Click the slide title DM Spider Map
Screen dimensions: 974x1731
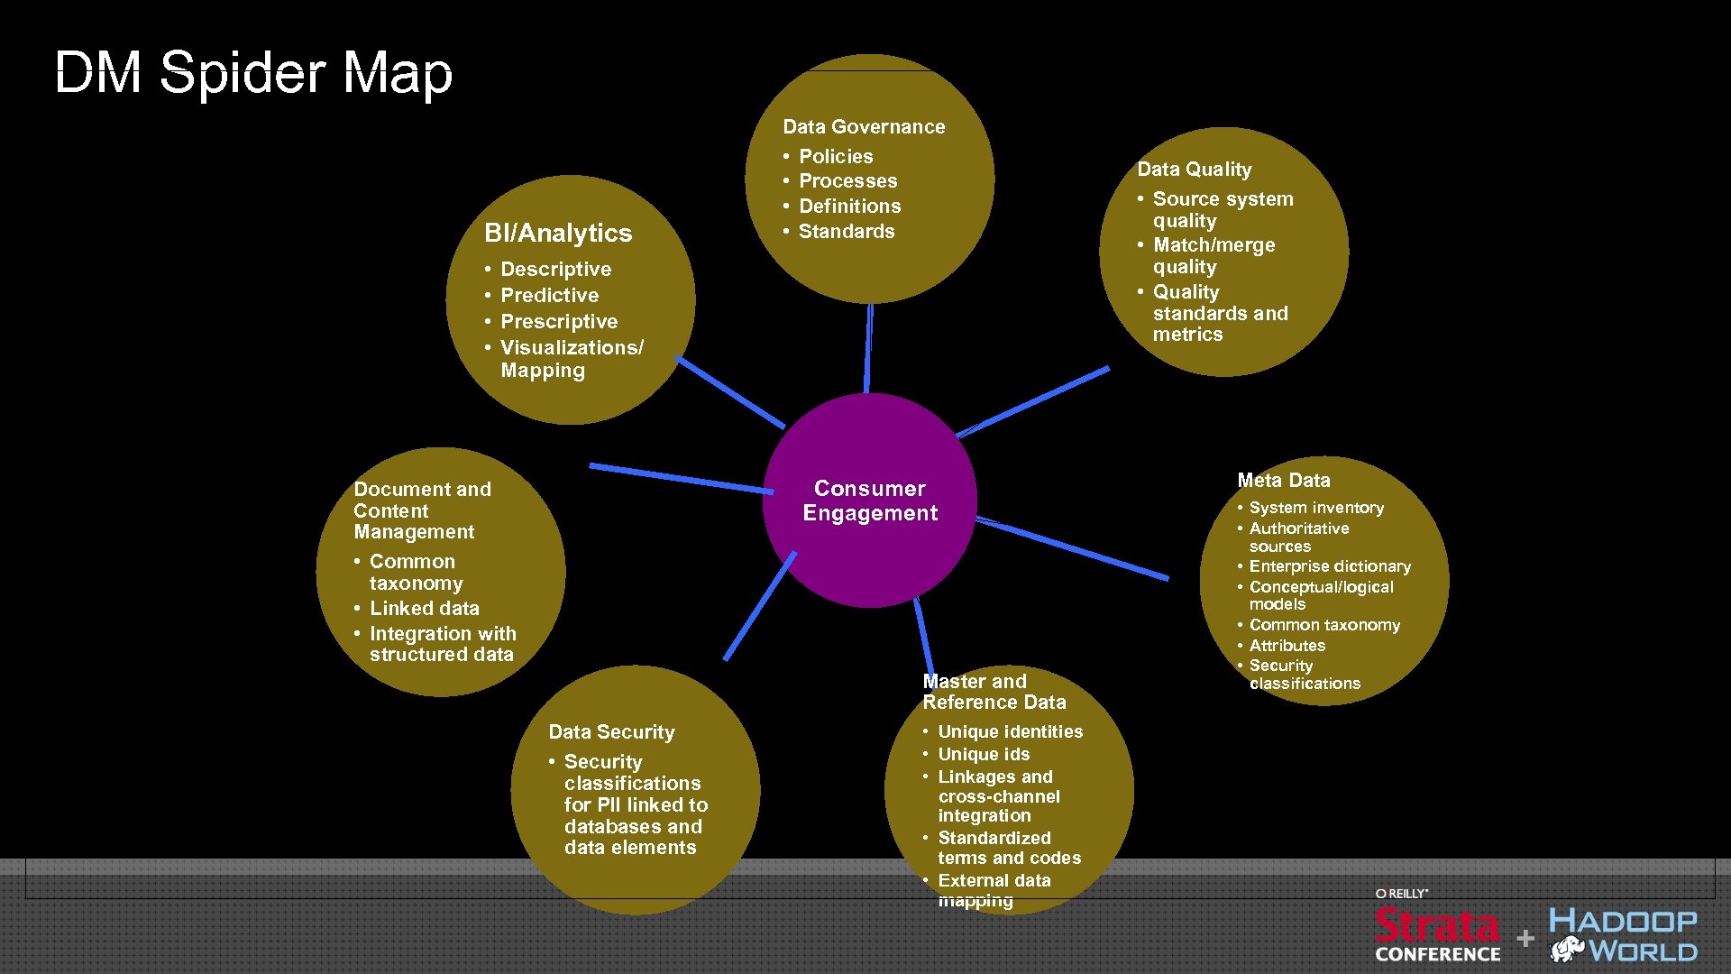pyautogui.click(x=253, y=72)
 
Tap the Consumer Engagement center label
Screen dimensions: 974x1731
pyautogui.click(x=870, y=501)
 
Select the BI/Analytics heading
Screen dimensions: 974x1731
pyautogui.click(x=558, y=233)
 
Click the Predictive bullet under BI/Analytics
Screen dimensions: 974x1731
pyautogui.click(x=549, y=295)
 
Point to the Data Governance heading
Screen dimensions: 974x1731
pyautogui.click(x=864, y=127)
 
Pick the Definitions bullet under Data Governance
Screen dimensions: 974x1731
pyautogui.click(x=849, y=206)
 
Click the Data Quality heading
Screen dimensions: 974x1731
pyautogui.click(x=1194, y=170)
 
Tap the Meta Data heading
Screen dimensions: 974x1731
pyautogui.click(x=1283, y=481)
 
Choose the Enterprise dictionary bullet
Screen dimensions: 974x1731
pyautogui.click(x=1329, y=566)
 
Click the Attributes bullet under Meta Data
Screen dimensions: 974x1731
pyautogui.click(x=1287, y=646)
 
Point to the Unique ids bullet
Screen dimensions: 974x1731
pyautogui.click(x=983, y=754)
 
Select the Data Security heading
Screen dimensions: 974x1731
pyautogui.click(x=611, y=732)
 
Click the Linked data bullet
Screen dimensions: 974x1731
pyautogui.click(x=424, y=609)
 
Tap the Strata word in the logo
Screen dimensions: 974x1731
pyautogui.click(x=1436, y=926)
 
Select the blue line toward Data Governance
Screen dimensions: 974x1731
pyautogui.click(x=868, y=347)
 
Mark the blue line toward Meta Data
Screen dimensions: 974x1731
pyautogui.click(x=1073, y=547)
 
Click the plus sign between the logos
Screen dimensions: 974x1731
pyautogui.click(x=1525, y=938)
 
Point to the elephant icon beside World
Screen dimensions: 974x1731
pyautogui.click(x=1567, y=949)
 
